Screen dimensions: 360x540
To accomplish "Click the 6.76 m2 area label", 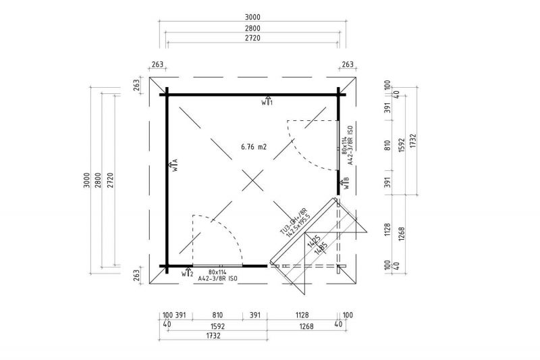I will pyautogui.click(x=253, y=146).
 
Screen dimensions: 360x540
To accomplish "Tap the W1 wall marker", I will pyautogui.click(x=267, y=101).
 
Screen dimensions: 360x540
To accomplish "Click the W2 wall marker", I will pyautogui.click(x=188, y=273).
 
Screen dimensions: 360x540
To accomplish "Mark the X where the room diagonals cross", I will pyautogui.click(x=253, y=180).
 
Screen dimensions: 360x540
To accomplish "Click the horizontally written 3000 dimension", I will pyautogui.click(x=253, y=17).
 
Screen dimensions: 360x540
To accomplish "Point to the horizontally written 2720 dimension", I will pyautogui.click(x=253, y=39).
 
